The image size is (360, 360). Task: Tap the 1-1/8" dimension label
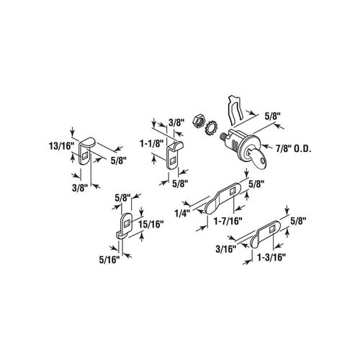pyautogui.click(x=151, y=143)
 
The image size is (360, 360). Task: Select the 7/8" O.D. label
pyautogui.click(x=293, y=149)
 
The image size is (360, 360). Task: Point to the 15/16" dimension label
pyautogui.click(x=151, y=224)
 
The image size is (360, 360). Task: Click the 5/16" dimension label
pyautogui.click(x=109, y=260)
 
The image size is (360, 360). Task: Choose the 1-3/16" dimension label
pyautogui.click(x=271, y=258)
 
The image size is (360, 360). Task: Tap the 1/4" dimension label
pyautogui.click(x=182, y=212)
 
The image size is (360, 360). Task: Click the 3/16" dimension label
pyautogui.click(x=225, y=249)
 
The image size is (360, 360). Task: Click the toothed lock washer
pyautogui.click(x=211, y=128)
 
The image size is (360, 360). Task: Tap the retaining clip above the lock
pyautogui.click(x=235, y=110)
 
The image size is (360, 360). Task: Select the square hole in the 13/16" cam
pyautogui.click(x=84, y=156)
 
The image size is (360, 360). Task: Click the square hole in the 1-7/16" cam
pyautogui.click(x=233, y=192)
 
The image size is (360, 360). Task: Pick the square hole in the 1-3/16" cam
pyautogui.click(x=273, y=230)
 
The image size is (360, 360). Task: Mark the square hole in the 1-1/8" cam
pyautogui.click(x=172, y=161)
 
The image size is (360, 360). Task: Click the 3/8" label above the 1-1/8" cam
pyautogui.click(x=176, y=124)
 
